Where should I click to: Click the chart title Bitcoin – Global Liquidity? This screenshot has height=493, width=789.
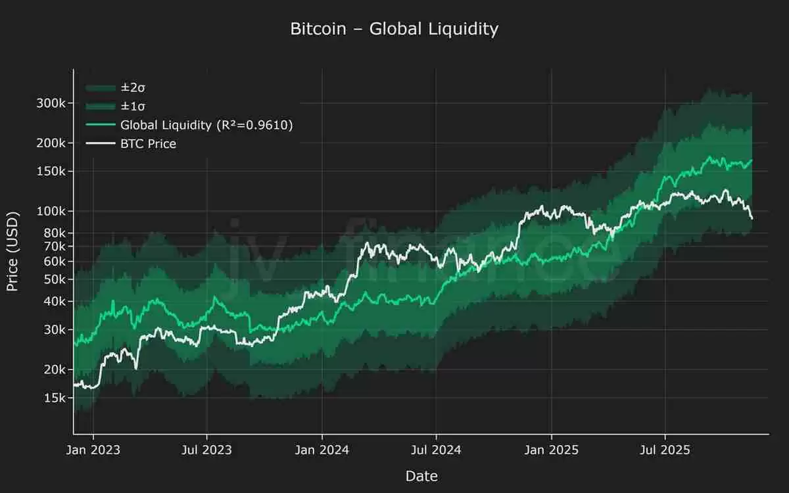pos(394,29)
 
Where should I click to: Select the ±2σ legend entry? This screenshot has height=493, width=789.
pos(128,87)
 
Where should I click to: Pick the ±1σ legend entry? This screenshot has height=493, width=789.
pos(128,106)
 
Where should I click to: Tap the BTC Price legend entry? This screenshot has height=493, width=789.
pos(148,143)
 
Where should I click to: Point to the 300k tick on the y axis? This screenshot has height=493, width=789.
pos(50,103)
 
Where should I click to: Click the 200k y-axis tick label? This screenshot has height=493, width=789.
pos(50,143)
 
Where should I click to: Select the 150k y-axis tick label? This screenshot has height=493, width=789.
pos(50,172)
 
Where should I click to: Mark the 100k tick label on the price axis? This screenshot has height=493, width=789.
pos(50,212)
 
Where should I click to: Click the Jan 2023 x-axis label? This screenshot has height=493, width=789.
pos(93,450)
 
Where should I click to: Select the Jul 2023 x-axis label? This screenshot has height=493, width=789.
pos(206,450)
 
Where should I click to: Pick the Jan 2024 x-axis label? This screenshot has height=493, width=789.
pos(322,450)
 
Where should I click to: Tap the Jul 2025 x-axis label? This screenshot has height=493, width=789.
pos(665,450)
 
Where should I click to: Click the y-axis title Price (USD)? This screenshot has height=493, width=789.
pos(12,251)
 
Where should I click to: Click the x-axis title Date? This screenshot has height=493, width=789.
pos(421,476)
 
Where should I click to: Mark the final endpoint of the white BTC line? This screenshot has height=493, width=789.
pos(752,219)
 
